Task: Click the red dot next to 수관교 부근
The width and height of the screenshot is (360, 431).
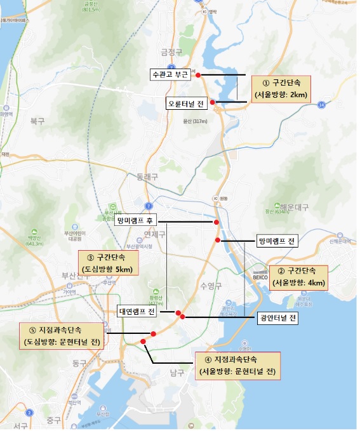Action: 198,75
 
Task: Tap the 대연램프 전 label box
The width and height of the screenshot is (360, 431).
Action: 137,312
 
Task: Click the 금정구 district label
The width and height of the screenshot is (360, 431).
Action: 172,53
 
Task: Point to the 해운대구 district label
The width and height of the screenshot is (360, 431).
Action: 294,207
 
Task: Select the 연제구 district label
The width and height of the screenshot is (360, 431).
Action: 154,234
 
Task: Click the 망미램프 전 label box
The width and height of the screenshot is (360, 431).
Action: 277,242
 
